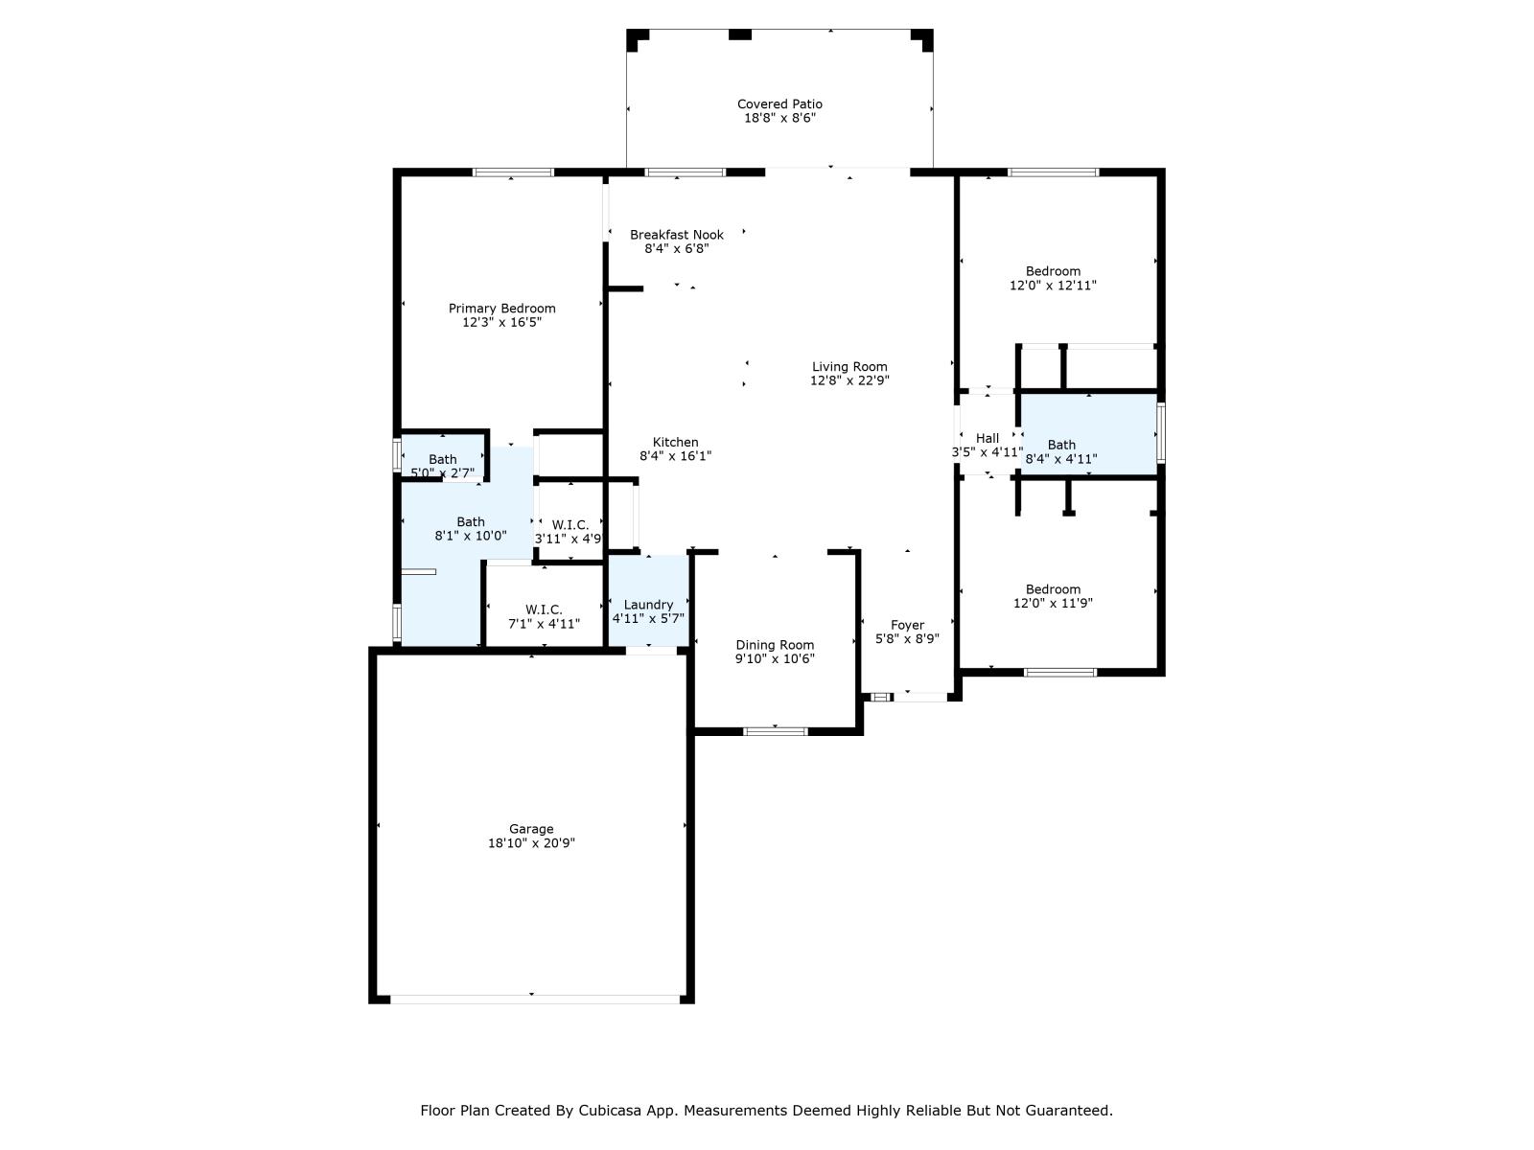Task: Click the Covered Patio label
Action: click(779, 103)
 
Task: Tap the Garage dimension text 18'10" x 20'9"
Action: click(531, 843)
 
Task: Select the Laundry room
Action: click(649, 610)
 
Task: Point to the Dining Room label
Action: click(775, 645)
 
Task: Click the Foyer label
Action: click(907, 625)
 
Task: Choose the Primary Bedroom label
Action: click(501, 309)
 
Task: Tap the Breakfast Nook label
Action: click(677, 235)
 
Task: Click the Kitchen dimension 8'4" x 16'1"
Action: click(676, 456)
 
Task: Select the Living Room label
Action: click(849, 366)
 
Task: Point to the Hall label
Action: click(988, 438)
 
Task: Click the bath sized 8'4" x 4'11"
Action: click(1061, 451)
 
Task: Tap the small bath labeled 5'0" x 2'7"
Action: click(443, 466)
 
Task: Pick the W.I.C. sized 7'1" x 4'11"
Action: click(544, 616)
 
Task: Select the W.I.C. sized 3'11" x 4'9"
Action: click(569, 531)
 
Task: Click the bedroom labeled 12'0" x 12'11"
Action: click(1053, 278)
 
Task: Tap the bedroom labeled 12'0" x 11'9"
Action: click(1053, 596)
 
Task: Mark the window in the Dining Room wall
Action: click(776, 731)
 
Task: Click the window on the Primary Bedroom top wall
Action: click(513, 172)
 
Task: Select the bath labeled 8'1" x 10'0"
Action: click(470, 529)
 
